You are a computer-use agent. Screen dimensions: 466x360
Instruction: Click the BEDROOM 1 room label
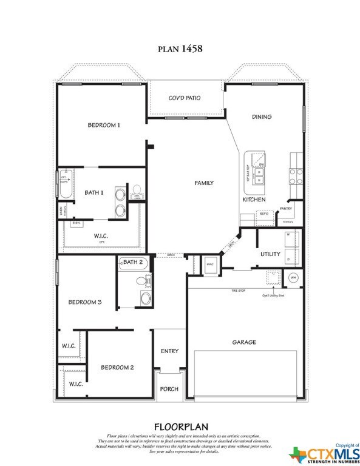click(104, 125)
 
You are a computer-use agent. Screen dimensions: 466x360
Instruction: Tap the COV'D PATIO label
click(185, 98)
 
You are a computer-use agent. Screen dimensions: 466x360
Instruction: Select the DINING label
click(262, 116)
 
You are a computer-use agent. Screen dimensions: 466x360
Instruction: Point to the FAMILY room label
click(203, 183)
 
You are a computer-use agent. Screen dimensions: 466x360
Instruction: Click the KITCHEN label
click(254, 200)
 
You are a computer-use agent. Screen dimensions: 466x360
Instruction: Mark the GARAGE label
click(244, 342)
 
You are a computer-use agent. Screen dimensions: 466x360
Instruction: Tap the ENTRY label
click(169, 351)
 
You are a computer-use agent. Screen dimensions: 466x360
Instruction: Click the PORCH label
click(169, 389)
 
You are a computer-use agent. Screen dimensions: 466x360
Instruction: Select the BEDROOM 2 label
click(117, 368)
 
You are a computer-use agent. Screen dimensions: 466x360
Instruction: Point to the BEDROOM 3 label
click(84, 302)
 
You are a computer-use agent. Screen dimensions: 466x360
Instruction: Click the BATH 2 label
click(132, 262)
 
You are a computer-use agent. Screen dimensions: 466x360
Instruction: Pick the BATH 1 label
click(94, 192)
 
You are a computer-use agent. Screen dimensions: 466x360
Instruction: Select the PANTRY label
click(286, 209)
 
